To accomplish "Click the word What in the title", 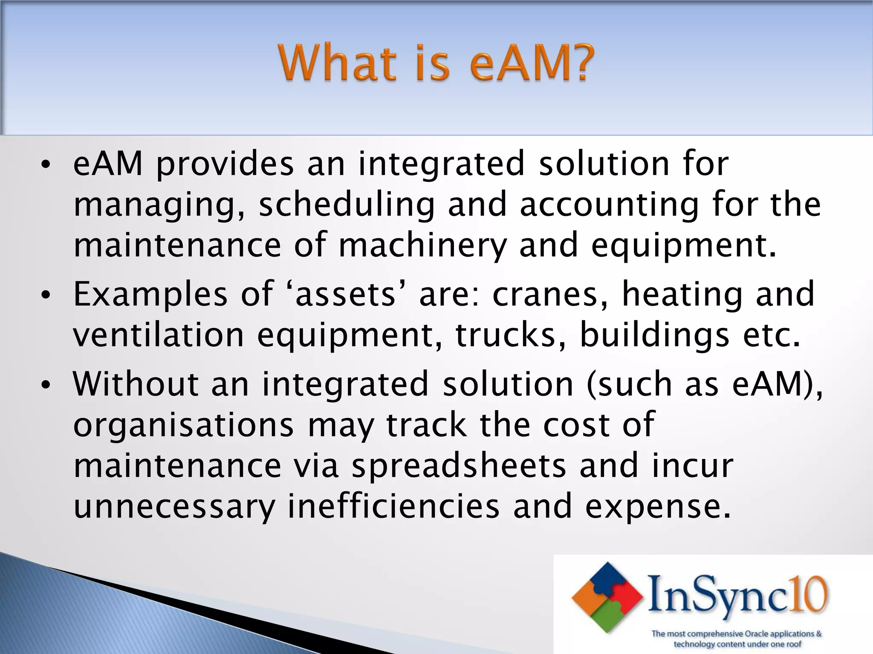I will tap(337, 64).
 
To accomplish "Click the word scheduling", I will tap(347, 205).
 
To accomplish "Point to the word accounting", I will tap(610, 205).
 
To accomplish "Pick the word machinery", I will tap(422, 246).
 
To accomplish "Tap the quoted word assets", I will tap(345, 295).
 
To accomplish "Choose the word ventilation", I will tap(158, 335).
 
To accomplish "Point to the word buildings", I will tap(654, 335).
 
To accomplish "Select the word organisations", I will tap(183, 425).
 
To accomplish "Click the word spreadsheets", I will tap(459, 466).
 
